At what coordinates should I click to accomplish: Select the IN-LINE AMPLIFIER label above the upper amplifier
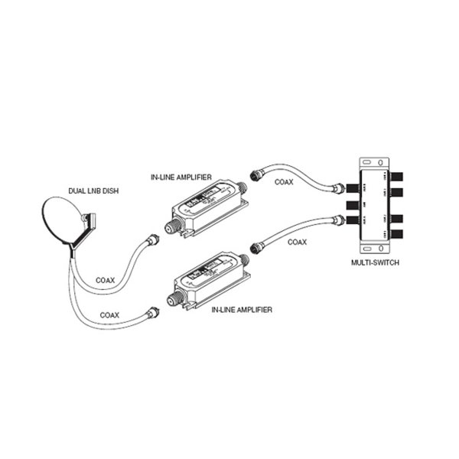[181, 177]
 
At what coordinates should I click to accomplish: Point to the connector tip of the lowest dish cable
[151, 312]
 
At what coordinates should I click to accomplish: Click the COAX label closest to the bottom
[110, 314]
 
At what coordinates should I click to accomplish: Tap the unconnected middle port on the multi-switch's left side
[353, 205]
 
